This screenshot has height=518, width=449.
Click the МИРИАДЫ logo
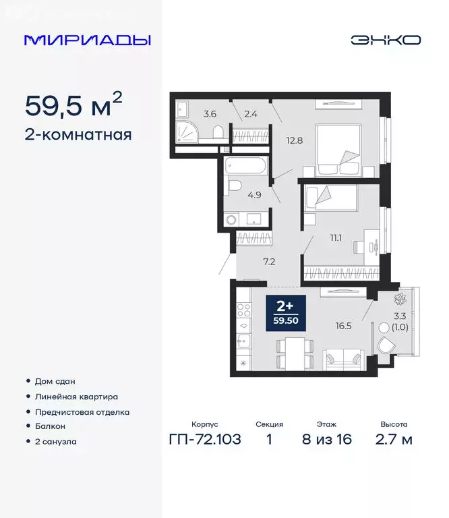tap(87, 40)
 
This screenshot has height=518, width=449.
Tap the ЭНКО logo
tap(385, 40)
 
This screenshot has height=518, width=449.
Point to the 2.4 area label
tap(251, 113)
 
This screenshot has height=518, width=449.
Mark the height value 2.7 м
tap(394, 440)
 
